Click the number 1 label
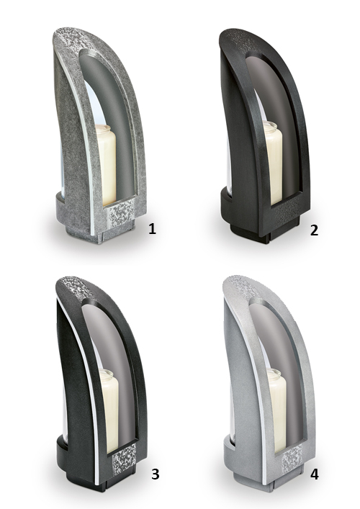tap(152, 229)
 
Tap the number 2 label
tap(314, 230)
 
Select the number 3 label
tap(156, 474)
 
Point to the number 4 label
tap(314, 474)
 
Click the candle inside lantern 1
tap(106, 165)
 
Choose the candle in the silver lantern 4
tap(275, 410)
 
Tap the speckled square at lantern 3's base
tap(124, 459)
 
